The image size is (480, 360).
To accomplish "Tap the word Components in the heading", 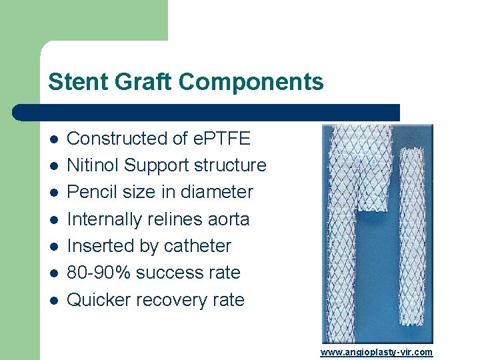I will pos(251,82).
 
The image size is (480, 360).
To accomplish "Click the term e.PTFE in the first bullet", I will pos(221,139).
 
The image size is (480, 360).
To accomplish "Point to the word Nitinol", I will pos(93,165).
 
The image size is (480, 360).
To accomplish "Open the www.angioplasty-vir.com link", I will pos(376,352).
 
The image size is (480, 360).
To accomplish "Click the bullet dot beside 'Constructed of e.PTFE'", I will pos(53,139).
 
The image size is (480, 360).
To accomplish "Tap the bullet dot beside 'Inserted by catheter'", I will pos(53,247).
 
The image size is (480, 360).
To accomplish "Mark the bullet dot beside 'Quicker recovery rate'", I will pos(53,301).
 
